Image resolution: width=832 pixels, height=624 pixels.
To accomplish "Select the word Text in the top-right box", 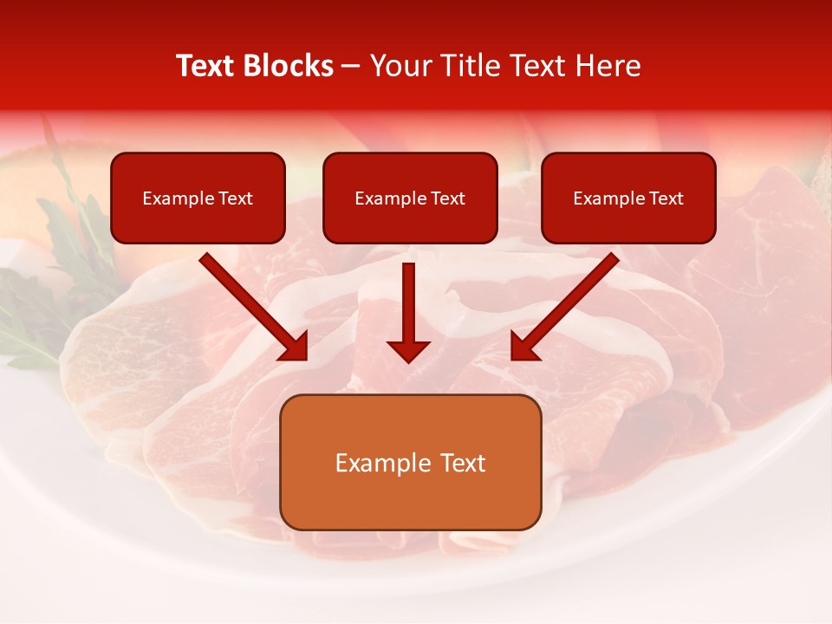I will click(666, 198).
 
